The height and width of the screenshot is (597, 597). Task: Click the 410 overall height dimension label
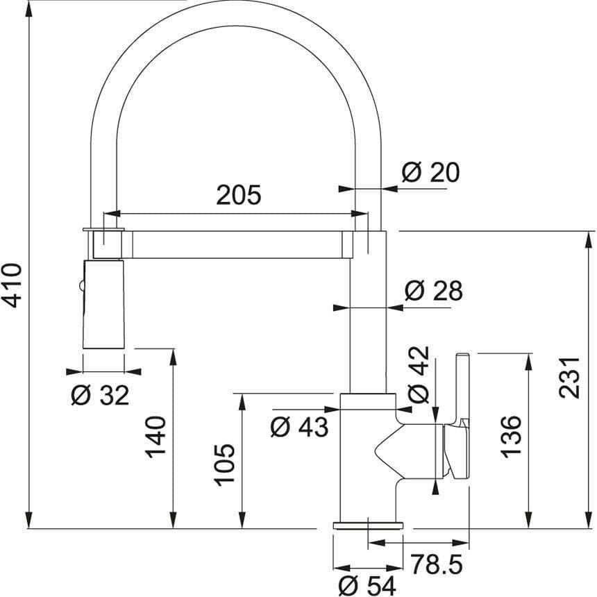12,285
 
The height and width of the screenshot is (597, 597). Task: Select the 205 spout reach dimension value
238,195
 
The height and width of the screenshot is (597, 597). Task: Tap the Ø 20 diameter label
430,171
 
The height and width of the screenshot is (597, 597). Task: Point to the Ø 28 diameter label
433,291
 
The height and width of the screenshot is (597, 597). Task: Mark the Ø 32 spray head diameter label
100,396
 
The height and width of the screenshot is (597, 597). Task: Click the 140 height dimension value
156,437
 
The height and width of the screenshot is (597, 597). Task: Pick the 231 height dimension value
569,378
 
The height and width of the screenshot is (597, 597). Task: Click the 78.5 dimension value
435,562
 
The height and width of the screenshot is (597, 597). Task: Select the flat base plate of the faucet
367,523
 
